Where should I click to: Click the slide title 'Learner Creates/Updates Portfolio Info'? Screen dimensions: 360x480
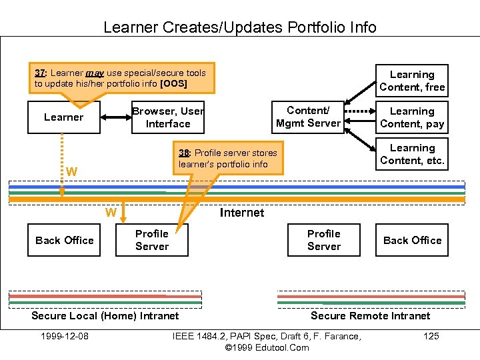[239, 27]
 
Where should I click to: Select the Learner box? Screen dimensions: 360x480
[64, 117]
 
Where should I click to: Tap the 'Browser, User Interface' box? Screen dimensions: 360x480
[167, 117]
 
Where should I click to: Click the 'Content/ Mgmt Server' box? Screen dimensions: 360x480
[307, 117]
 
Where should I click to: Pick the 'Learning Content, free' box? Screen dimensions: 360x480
[411, 81]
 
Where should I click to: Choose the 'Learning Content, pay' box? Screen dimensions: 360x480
[411, 117]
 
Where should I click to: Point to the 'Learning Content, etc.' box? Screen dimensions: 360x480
[411, 154]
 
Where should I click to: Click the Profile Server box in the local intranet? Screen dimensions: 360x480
[152, 240]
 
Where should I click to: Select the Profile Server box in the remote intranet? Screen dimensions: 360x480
[324, 240]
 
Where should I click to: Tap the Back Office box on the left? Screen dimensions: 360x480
[65, 240]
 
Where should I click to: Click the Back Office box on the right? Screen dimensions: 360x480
[412, 240]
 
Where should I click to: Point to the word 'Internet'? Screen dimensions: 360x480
[241, 213]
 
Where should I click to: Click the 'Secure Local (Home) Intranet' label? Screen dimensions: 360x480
[105, 315]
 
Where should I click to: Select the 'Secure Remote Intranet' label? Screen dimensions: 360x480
[370, 315]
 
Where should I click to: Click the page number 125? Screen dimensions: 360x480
[431, 336]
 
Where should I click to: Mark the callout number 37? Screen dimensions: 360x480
[39, 73]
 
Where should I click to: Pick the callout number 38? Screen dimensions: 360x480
[184, 153]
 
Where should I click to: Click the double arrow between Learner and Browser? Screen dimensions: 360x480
[115, 117]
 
